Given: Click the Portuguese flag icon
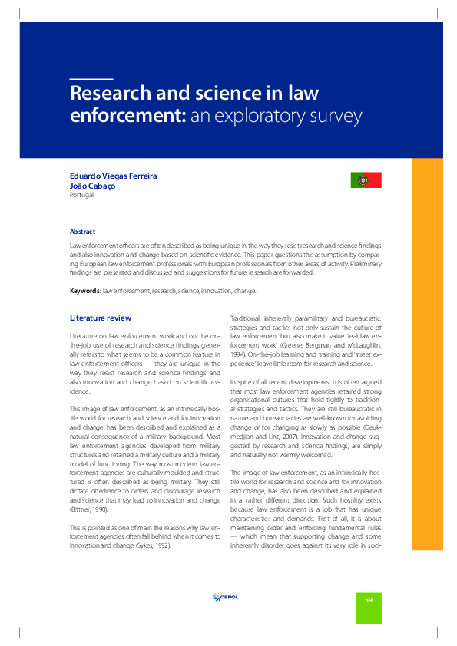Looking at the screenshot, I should (366, 180).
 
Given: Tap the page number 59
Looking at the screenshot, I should (368, 598).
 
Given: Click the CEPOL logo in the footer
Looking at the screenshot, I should (224, 598).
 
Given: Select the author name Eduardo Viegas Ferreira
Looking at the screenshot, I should (113, 176).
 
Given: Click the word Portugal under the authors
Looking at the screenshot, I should (81, 195).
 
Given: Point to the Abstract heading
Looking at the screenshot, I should (82, 231).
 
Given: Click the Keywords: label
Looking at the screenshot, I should (85, 292).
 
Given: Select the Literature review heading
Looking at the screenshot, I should (100, 318).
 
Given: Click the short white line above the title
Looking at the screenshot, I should (91, 79).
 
